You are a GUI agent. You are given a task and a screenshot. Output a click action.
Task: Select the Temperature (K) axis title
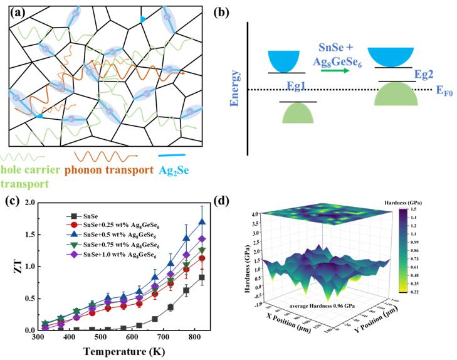tap(124, 352)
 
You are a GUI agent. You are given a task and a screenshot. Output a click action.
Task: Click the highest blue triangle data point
tap(201, 221)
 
